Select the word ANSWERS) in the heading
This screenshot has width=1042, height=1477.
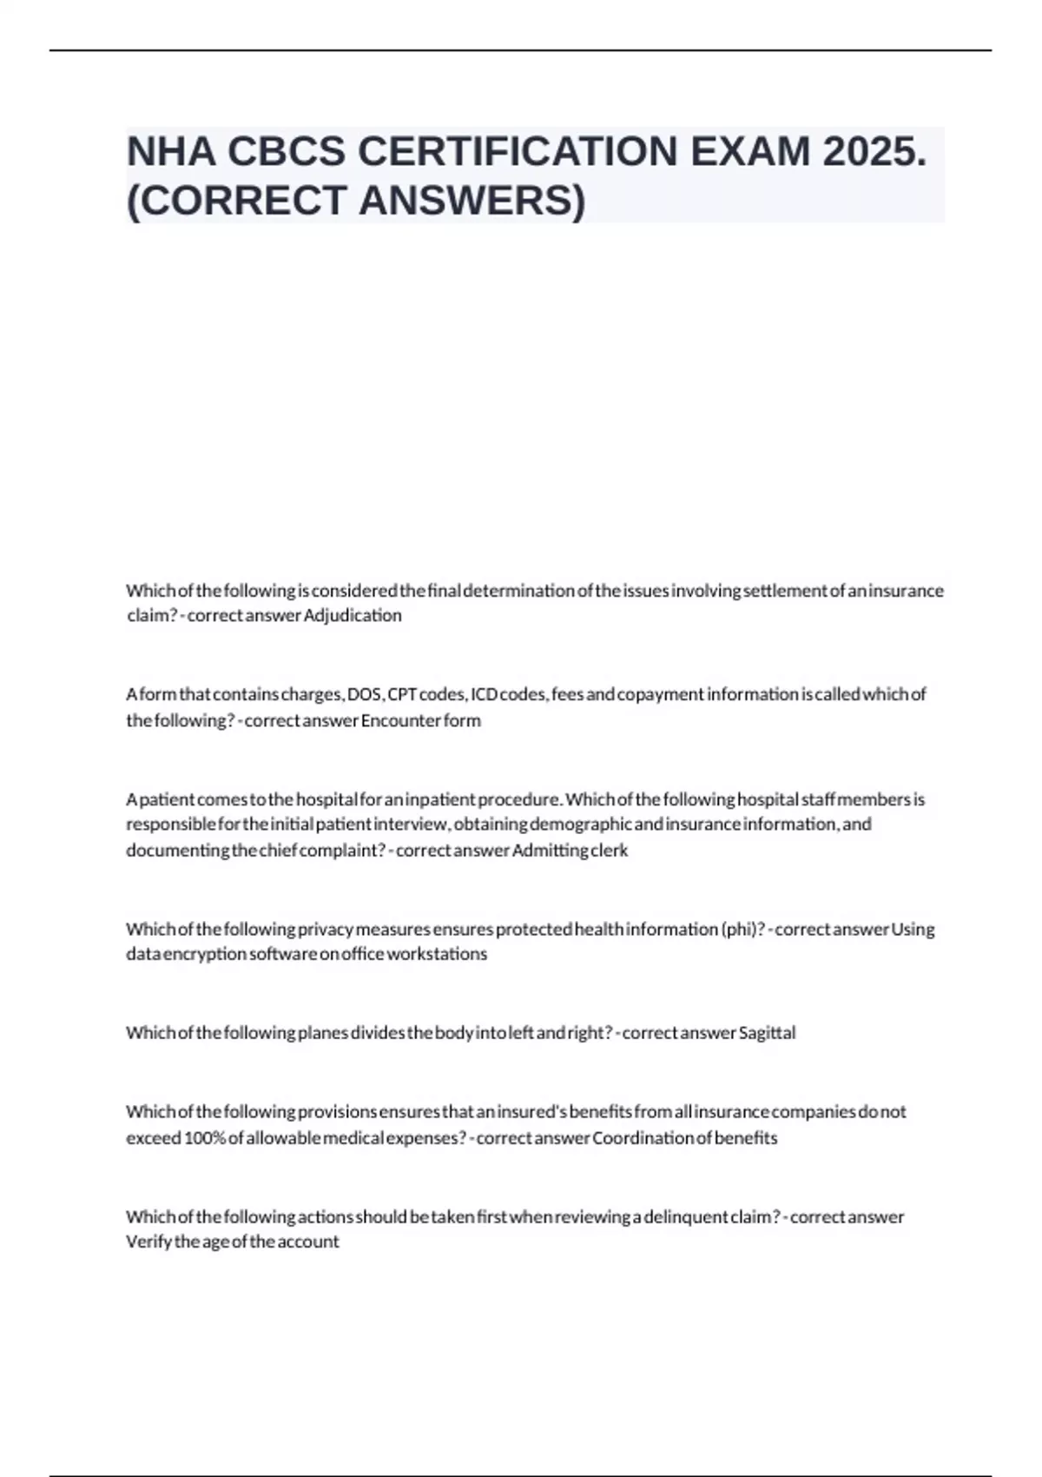(x=472, y=201)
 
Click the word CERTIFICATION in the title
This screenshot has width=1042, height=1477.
(x=518, y=152)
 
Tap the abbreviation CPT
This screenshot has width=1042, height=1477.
(x=402, y=694)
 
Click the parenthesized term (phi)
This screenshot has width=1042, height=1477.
(x=742, y=929)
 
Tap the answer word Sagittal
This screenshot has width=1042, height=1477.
(x=767, y=1033)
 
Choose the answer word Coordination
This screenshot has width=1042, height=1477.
(x=642, y=1138)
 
